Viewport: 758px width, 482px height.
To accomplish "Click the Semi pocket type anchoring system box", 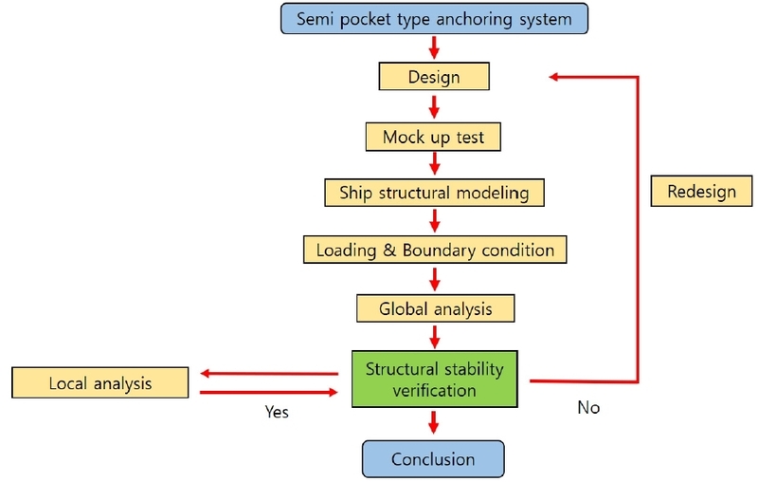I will pos(435,19).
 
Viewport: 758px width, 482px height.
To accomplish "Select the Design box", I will pos(434,77).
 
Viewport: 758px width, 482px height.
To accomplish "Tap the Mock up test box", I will pos(433,137).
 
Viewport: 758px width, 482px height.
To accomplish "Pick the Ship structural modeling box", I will pos(434,193).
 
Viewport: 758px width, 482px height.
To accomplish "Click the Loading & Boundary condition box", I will pos(435,250).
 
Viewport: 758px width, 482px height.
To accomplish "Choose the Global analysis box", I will pos(435,308).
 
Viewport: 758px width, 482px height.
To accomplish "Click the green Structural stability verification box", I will pos(435,379).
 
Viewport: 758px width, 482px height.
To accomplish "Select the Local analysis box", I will pos(100,383).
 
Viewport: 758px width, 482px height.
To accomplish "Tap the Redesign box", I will pos(701,192).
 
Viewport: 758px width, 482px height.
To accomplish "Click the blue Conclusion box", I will pos(433,459).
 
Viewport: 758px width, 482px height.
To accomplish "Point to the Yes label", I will pos(277,413).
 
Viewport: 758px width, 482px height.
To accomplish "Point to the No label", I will pos(588,408).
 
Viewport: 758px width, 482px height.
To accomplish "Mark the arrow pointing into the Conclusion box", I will pos(434,423).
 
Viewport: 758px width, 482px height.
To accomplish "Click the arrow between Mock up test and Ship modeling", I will pos(434,164).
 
